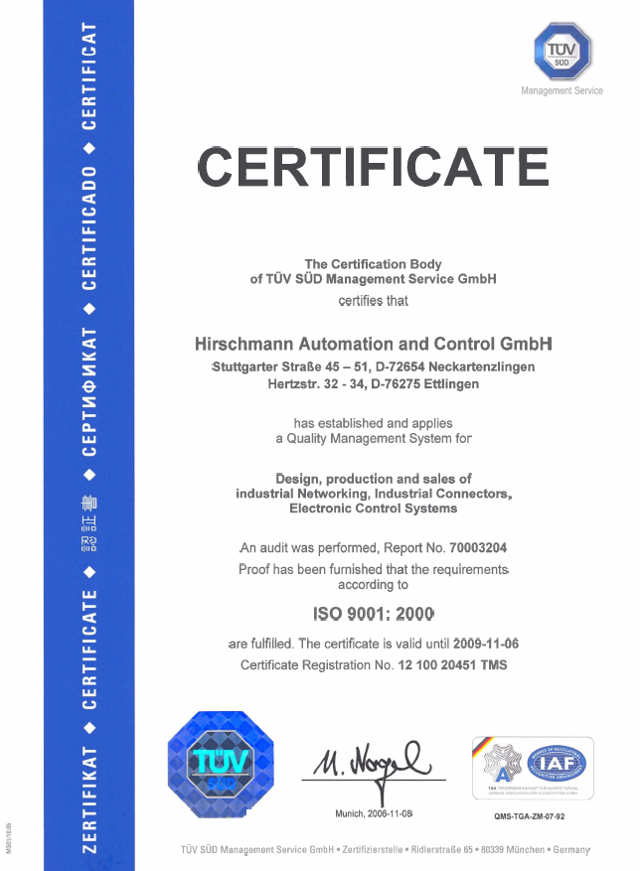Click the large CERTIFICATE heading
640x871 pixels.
click(x=373, y=166)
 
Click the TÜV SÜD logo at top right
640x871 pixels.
click(x=562, y=52)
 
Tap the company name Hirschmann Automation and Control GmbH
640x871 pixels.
click(x=373, y=344)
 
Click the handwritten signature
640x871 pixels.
click(x=371, y=765)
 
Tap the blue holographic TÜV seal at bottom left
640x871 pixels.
click(x=224, y=763)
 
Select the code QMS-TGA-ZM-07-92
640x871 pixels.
click(x=529, y=816)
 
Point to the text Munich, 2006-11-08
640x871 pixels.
click(x=373, y=814)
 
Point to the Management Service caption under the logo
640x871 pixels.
click(x=561, y=91)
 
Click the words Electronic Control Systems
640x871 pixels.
click(x=373, y=508)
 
